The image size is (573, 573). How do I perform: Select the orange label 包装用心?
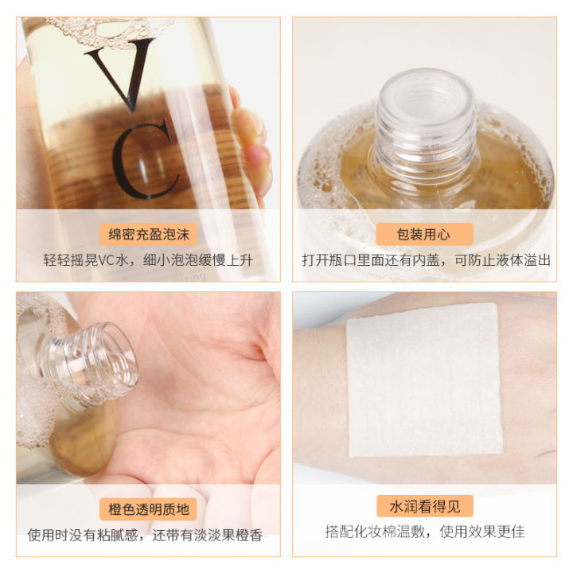(424, 234)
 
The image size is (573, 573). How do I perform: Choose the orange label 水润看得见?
(424, 506)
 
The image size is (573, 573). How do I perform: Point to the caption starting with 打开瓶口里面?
(426, 260)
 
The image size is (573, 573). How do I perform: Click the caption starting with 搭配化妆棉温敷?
(424, 532)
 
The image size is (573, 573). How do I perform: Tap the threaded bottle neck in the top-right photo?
(425, 119)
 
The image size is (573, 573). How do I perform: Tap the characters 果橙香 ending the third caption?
(243, 534)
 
